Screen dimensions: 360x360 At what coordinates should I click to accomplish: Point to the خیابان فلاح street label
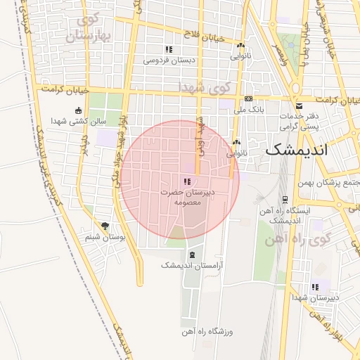202,34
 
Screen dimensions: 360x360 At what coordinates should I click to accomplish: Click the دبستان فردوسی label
169,60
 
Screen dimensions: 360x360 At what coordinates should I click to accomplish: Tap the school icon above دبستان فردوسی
169,49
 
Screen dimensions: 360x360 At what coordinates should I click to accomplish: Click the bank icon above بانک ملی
249,99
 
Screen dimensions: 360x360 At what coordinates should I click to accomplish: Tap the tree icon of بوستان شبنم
105,226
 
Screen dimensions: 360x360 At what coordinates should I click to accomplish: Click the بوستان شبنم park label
105,238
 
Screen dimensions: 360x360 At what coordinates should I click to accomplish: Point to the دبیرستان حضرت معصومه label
187,196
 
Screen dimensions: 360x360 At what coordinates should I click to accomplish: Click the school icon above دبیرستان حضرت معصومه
186,181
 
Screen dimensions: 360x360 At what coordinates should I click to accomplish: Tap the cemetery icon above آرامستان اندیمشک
192,254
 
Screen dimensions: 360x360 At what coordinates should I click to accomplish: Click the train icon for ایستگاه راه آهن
285,200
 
